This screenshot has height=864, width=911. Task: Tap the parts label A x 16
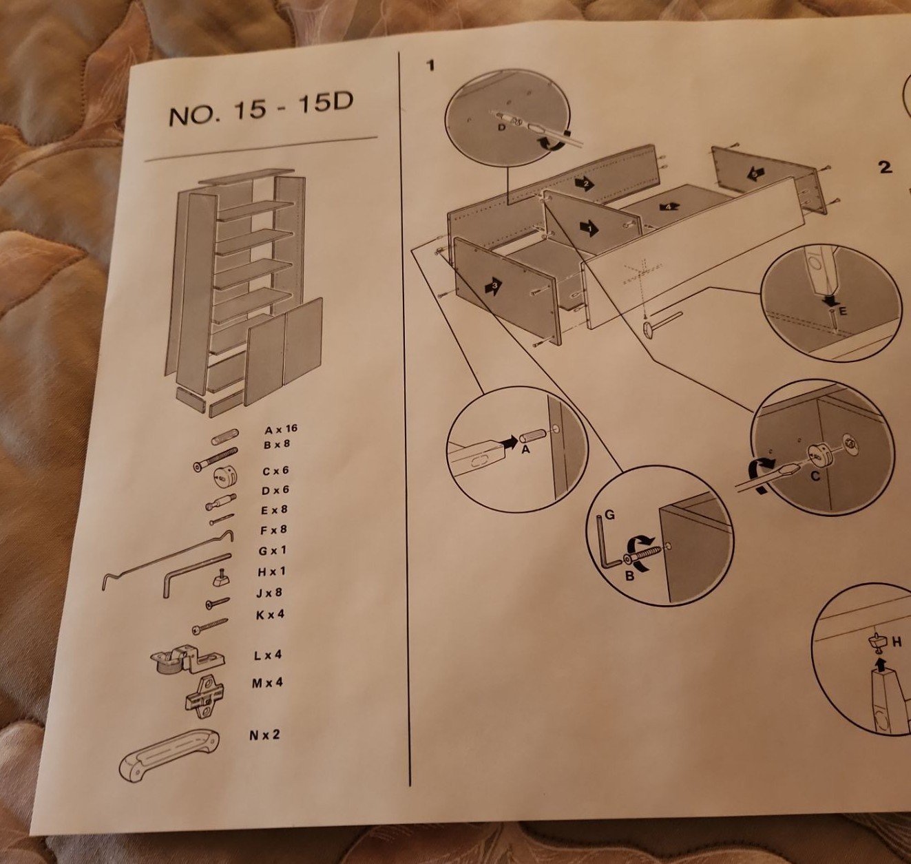[281, 430]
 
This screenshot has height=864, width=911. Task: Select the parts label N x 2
[264, 735]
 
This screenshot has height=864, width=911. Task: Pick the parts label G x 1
[273, 551]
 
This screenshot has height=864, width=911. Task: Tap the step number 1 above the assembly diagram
[431, 66]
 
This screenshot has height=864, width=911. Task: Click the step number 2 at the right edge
[886, 167]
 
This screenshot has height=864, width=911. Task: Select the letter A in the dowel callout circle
[525, 450]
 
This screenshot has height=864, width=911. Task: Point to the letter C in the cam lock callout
[815, 475]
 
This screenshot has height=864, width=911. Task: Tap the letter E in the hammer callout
[843, 311]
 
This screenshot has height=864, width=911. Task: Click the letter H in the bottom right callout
[896, 642]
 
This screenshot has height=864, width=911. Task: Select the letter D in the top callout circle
[501, 127]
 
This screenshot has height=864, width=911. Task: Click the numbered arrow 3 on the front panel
[493, 285]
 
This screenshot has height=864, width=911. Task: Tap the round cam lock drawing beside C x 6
[224, 476]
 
